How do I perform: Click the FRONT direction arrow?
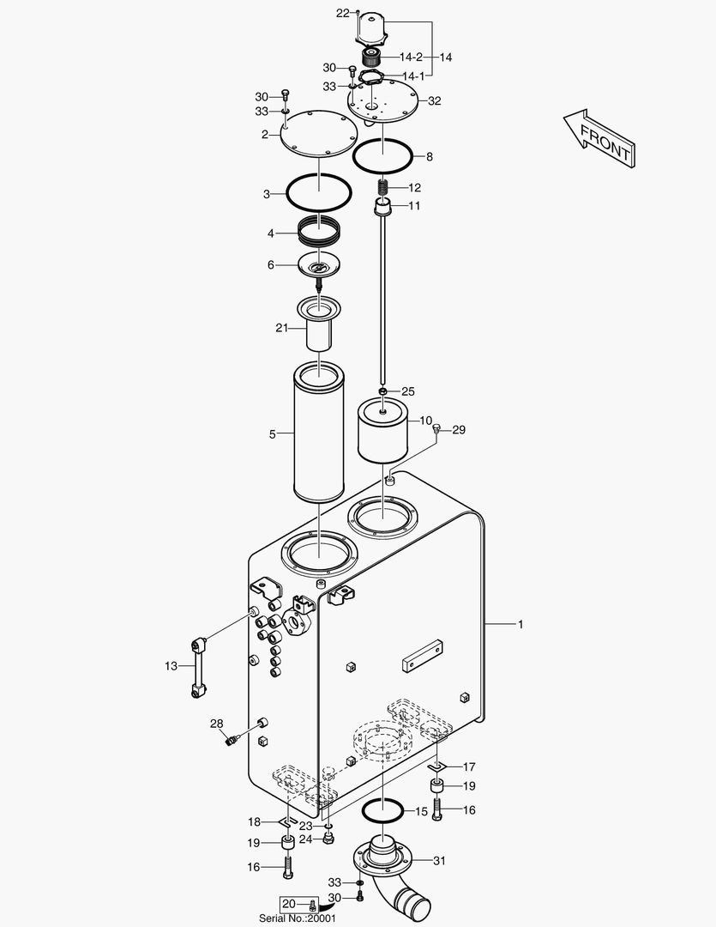pyautogui.click(x=599, y=140)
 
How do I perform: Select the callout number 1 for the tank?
pyautogui.click(x=520, y=624)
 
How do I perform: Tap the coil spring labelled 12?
pyautogui.click(x=383, y=189)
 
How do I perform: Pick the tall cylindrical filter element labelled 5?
pyautogui.click(x=318, y=433)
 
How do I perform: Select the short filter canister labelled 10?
pyautogui.click(x=382, y=430)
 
